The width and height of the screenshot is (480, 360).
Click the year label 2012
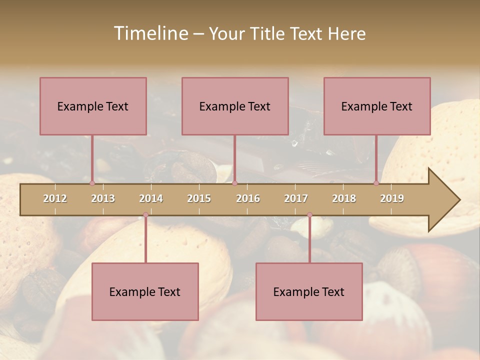(x=55, y=198)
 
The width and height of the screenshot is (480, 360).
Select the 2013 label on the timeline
(x=103, y=198)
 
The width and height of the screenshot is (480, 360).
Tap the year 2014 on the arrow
(x=151, y=198)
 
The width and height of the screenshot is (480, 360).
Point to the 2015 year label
(x=199, y=198)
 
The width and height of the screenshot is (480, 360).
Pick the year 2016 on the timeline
(x=248, y=198)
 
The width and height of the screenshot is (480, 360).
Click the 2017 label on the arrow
(x=296, y=198)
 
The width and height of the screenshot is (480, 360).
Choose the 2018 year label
(x=344, y=198)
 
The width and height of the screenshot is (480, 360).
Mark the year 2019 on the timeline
(x=392, y=198)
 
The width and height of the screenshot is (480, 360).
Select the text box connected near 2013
(x=93, y=106)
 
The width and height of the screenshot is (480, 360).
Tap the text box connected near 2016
(x=235, y=106)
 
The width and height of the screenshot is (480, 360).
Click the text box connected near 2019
(x=377, y=106)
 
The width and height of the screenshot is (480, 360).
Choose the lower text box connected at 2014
(x=145, y=291)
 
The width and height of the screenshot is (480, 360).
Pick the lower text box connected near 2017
(x=309, y=291)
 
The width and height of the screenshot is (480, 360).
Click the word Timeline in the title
(x=150, y=33)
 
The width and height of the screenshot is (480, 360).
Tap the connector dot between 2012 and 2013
(x=92, y=183)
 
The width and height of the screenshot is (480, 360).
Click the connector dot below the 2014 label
(x=145, y=215)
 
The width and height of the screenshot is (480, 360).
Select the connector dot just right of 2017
(x=309, y=215)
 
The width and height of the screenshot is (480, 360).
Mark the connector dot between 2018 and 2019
(x=376, y=183)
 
